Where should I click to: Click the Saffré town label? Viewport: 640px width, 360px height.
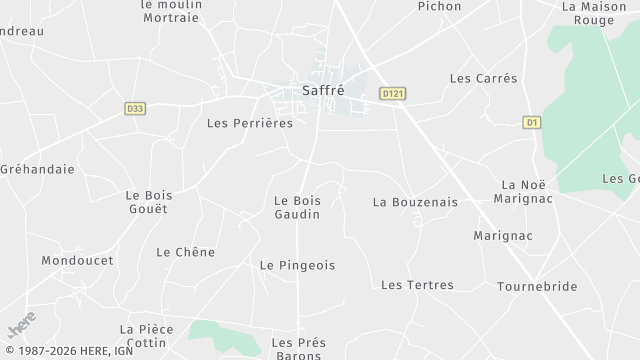pyautogui.click(x=322, y=90)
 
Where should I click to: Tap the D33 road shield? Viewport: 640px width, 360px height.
pyautogui.click(x=136, y=108)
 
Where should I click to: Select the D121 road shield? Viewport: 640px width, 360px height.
pyautogui.click(x=393, y=93)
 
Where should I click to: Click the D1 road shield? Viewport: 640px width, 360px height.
pyautogui.click(x=532, y=122)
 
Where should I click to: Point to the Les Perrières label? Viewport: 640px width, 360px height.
pyautogui.click(x=249, y=124)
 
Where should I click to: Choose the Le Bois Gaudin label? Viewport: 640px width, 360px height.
pyautogui.click(x=297, y=207)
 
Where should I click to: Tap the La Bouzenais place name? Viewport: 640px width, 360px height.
pyautogui.click(x=415, y=202)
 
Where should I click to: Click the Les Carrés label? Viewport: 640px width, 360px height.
pyautogui.click(x=484, y=78)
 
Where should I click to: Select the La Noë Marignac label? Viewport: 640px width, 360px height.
pyautogui.click(x=523, y=191)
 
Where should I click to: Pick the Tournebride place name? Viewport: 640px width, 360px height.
pyautogui.click(x=537, y=286)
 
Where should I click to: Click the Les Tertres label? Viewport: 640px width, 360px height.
pyautogui.click(x=417, y=285)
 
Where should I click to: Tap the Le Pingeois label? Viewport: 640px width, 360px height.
pyautogui.click(x=297, y=265)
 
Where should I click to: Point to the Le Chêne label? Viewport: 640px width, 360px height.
pyautogui.click(x=185, y=252)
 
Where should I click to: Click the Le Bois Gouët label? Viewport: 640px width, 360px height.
pyautogui.click(x=146, y=202)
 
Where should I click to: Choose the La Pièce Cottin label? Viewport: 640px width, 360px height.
pyautogui.click(x=147, y=335)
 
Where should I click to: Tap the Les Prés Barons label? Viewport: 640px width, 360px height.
pyautogui.click(x=298, y=347)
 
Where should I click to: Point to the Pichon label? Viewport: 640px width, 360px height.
pyautogui.click(x=439, y=6)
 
